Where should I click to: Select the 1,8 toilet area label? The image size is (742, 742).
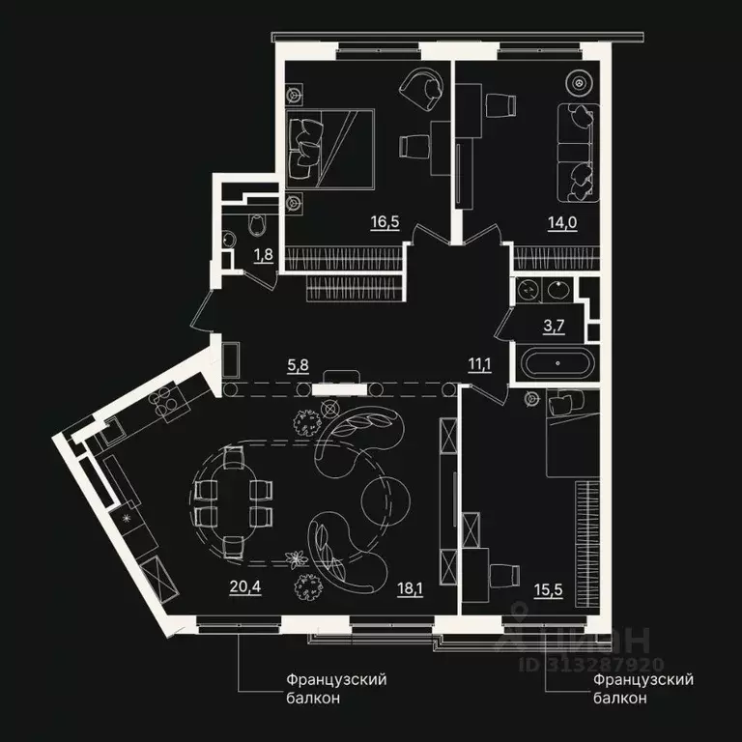(262, 256)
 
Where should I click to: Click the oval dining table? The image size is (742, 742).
(233, 502)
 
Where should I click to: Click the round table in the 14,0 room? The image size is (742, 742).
(580, 83)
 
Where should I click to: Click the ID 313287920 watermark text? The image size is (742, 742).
(591, 665)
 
